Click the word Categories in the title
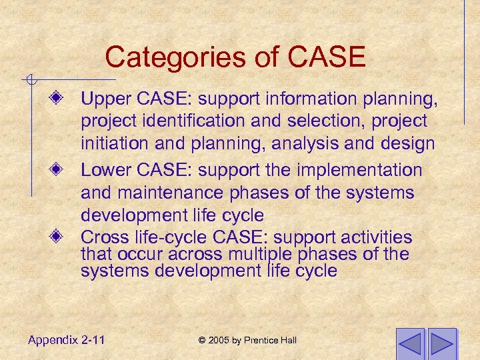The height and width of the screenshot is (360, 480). click(165, 57)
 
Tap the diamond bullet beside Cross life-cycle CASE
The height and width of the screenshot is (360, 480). click(59, 237)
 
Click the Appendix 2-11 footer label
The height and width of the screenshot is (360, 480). click(66, 340)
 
